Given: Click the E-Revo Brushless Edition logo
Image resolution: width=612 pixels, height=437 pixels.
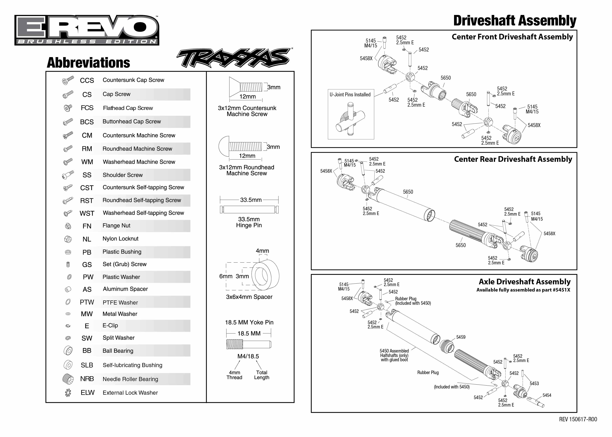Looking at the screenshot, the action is [x=87, y=30].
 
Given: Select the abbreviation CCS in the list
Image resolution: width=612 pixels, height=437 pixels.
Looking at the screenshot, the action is [x=87, y=80].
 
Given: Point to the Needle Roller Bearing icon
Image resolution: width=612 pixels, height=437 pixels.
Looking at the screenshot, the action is [x=68, y=379].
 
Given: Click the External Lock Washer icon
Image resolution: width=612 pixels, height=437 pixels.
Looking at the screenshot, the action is [x=68, y=393].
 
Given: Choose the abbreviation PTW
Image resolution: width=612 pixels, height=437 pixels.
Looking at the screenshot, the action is [x=87, y=302].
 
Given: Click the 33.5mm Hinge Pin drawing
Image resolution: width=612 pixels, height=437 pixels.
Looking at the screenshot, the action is [x=249, y=209].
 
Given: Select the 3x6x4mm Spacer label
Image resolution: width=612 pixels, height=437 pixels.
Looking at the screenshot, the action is [x=249, y=297].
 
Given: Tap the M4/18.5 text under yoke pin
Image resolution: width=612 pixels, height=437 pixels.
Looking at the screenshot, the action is [x=248, y=356].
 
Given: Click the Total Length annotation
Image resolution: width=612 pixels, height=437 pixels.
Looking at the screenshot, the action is [x=261, y=375].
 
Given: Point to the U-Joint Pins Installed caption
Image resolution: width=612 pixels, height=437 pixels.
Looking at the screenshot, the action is [x=350, y=94].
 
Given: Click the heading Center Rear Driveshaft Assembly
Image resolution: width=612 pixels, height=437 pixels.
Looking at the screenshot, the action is [x=513, y=159].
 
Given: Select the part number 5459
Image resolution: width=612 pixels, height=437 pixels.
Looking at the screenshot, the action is [x=461, y=337].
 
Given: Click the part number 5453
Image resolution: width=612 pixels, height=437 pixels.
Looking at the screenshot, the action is [x=534, y=383].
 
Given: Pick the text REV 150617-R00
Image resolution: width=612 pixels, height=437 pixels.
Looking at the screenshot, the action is [x=578, y=419].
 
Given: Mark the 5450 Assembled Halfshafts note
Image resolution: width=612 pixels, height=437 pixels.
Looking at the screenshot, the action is [x=394, y=355].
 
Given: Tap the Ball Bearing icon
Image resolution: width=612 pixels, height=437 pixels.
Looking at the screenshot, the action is [x=68, y=351].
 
